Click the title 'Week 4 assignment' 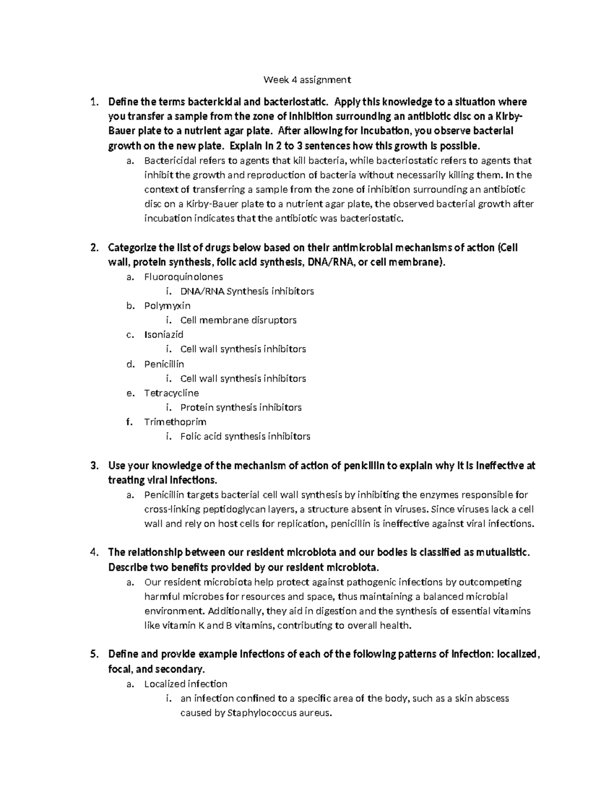tap(307, 80)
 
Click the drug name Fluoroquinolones tap(184, 277)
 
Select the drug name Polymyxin tap(167, 306)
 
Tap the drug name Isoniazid tap(164, 335)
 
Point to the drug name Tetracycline tap(171, 393)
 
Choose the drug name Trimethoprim tap(176, 422)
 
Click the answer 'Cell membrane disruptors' tap(238, 321)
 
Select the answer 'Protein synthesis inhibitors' tap(241, 407)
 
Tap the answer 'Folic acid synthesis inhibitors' tap(245, 437)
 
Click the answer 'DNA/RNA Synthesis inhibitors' tap(247, 291)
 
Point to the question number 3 tap(93, 466)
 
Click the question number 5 tap(93, 654)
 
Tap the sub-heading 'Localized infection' tap(186, 684)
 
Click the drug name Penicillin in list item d tap(164, 364)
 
